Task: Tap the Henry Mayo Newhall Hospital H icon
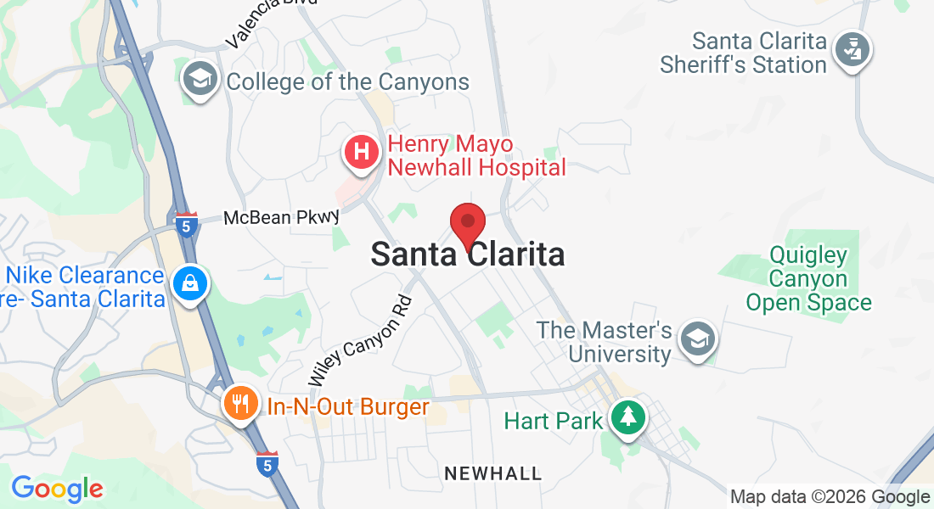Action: pyautogui.click(x=361, y=153)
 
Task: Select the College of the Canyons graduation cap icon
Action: pyautogui.click(x=201, y=79)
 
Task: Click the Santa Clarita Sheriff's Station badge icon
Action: pyautogui.click(x=852, y=50)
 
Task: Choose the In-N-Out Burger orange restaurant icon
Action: pyautogui.click(x=241, y=404)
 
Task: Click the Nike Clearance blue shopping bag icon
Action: pyautogui.click(x=189, y=284)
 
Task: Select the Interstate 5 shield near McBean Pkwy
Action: pyautogui.click(x=188, y=225)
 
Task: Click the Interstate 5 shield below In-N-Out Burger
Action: pyautogui.click(x=267, y=464)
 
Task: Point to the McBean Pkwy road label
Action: pyautogui.click(x=281, y=218)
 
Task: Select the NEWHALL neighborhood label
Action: pyautogui.click(x=492, y=473)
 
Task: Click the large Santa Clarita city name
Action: pyautogui.click(x=467, y=255)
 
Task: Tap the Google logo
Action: pyautogui.click(x=57, y=489)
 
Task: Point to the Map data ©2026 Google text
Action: pyautogui.click(x=830, y=497)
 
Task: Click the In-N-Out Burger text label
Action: pyautogui.click(x=348, y=407)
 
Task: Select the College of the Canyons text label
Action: pyautogui.click(x=347, y=82)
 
